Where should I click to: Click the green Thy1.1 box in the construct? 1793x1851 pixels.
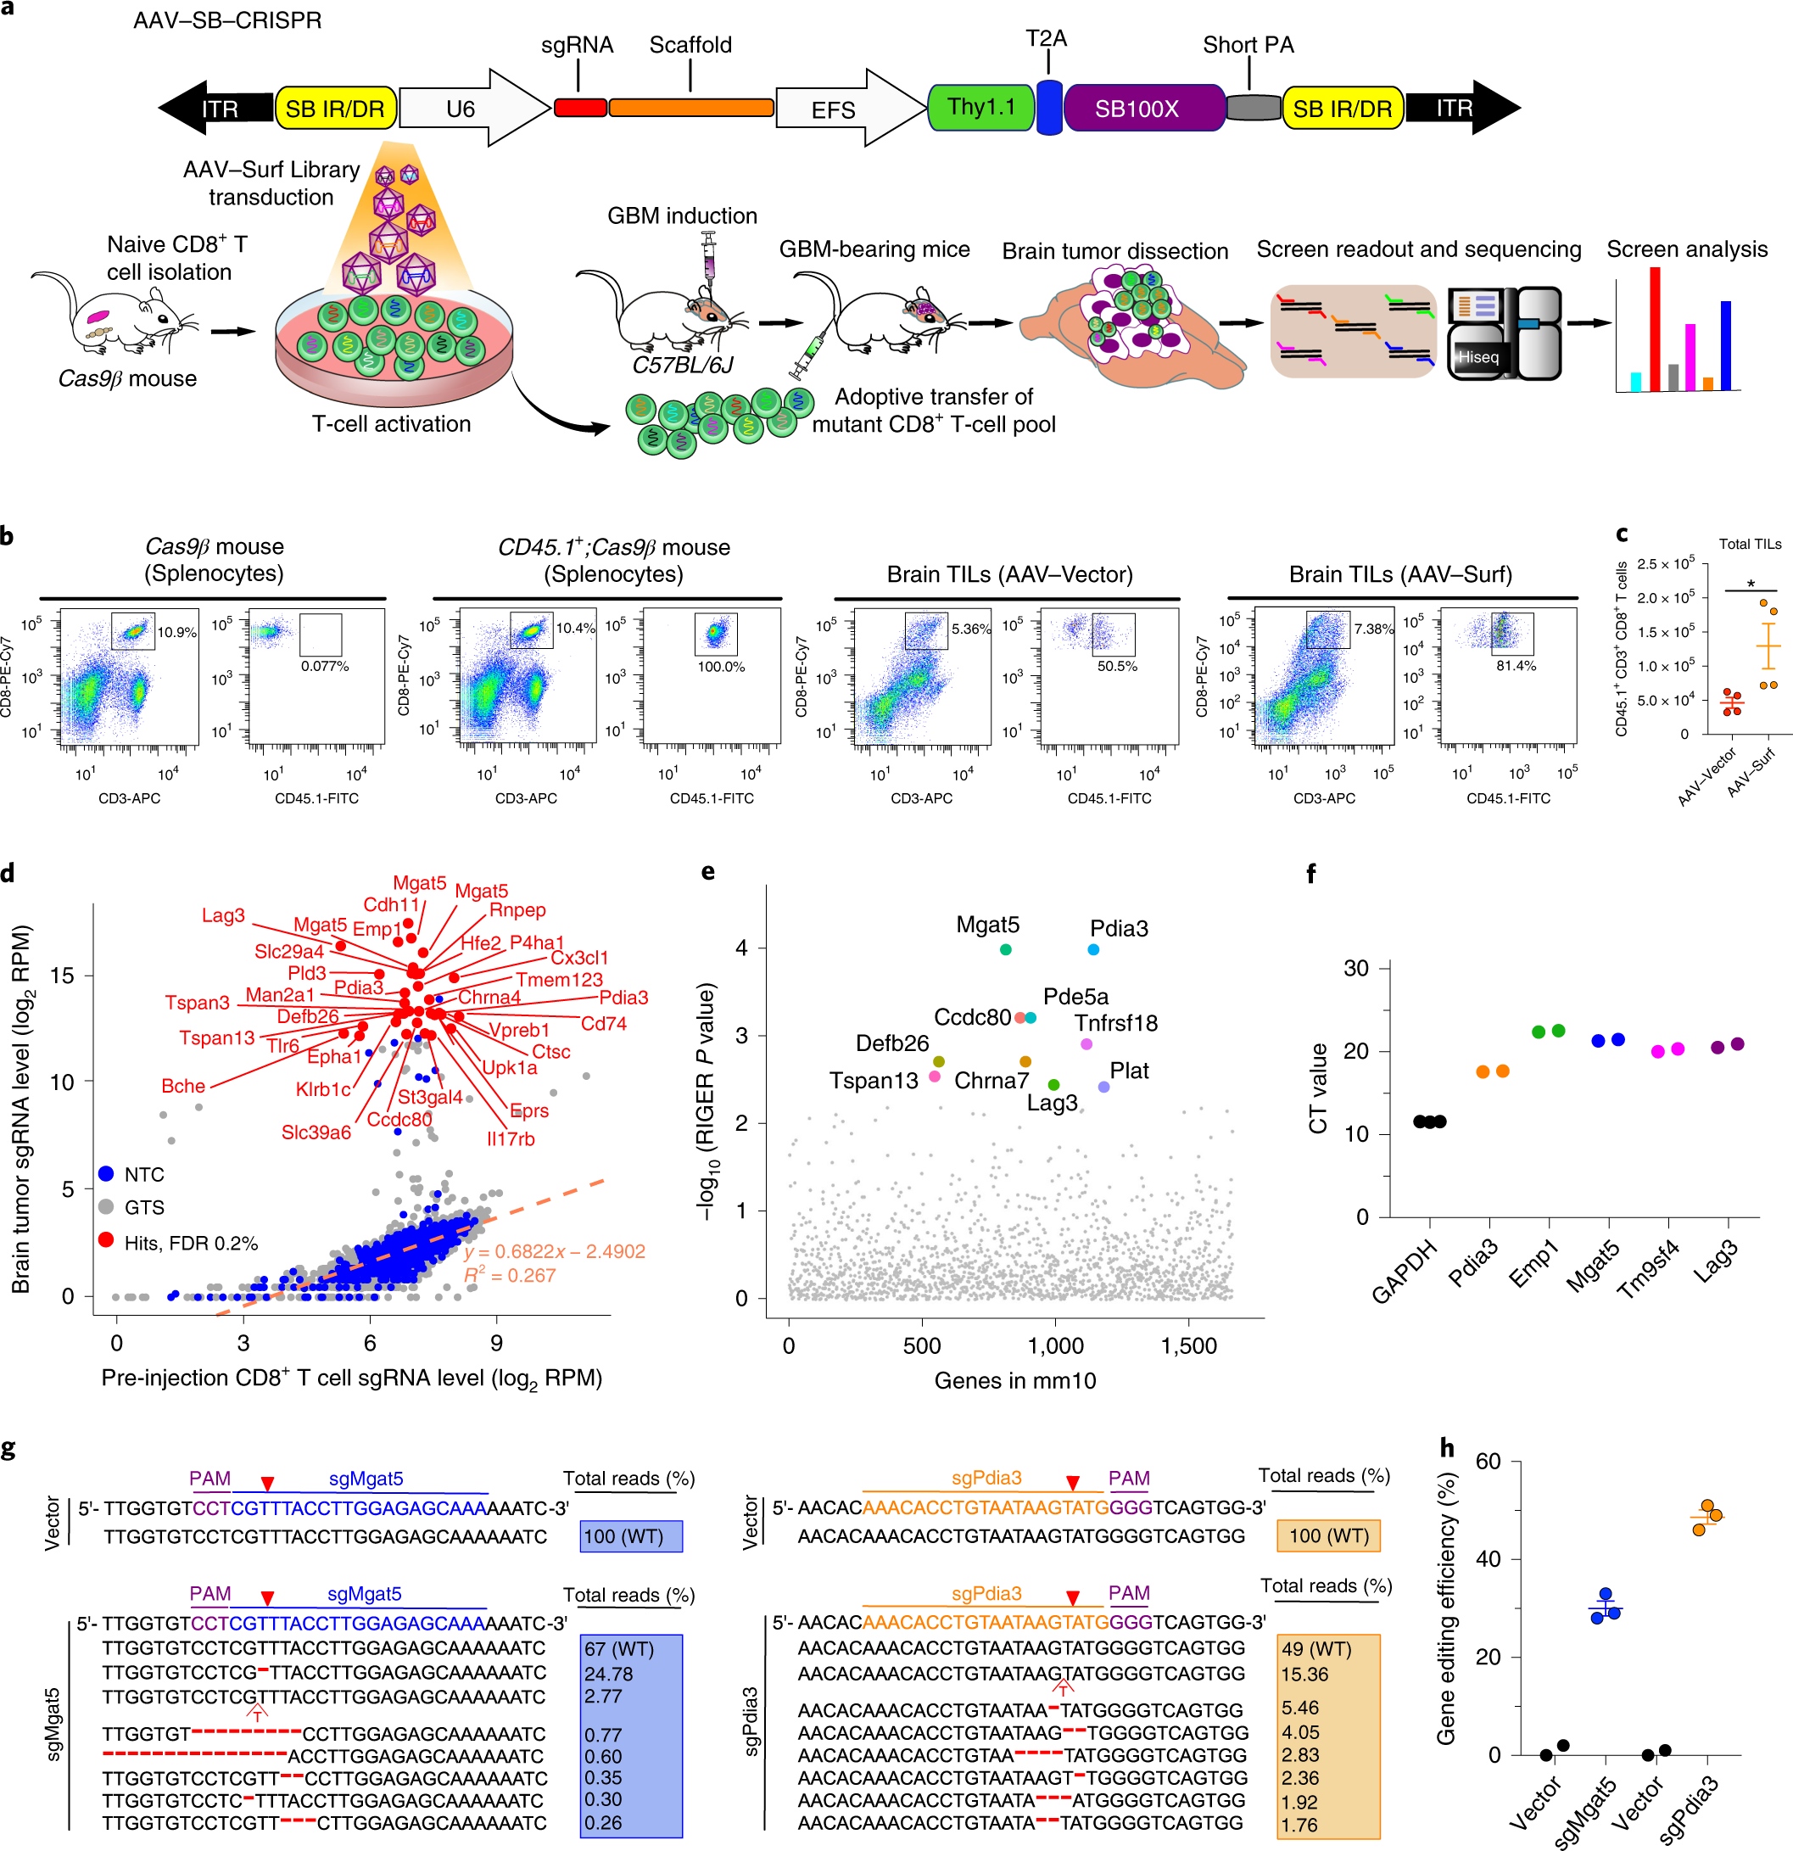click(981, 108)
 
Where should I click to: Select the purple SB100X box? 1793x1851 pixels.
click(1137, 109)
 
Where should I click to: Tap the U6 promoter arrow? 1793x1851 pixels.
click(472, 109)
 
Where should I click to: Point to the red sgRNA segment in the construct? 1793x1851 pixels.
click(580, 108)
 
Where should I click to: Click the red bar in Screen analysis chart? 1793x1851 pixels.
click(1655, 328)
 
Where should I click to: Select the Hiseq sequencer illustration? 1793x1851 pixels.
click(1503, 333)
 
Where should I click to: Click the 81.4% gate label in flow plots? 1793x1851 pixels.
click(1516, 666)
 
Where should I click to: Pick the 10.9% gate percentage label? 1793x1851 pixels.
click(176, 633)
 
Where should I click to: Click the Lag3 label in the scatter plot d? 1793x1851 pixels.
click(223, 915)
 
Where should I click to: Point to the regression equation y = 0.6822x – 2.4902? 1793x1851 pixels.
click(554, 1251)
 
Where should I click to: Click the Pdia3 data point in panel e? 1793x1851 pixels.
click(1092, 949)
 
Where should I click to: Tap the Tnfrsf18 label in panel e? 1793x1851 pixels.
click(1115, 1023)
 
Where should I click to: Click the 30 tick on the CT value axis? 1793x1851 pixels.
click(1356, 968)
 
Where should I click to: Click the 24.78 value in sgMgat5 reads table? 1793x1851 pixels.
click(609, 1675)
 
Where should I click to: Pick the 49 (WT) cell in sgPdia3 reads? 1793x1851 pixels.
click(1316, 1649)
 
